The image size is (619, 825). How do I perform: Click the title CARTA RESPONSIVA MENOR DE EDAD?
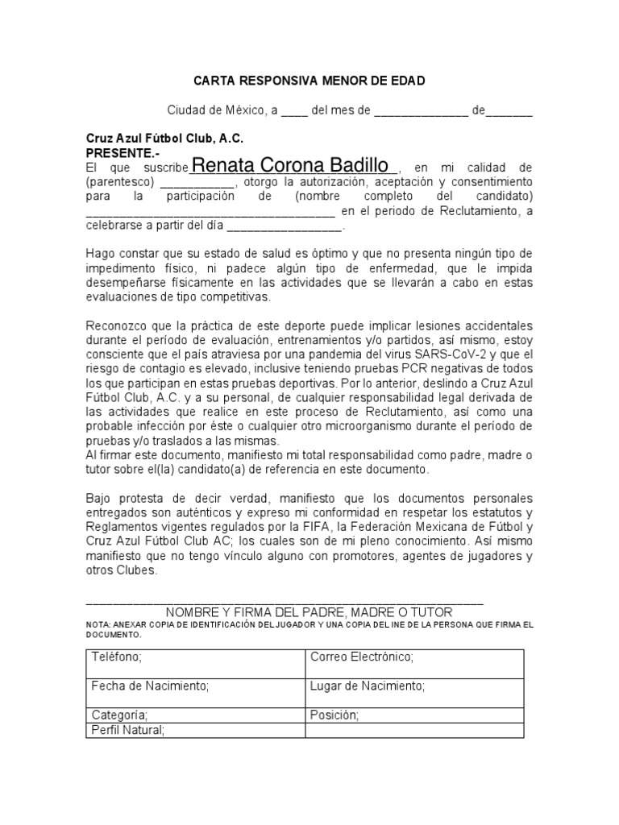click(309, 81)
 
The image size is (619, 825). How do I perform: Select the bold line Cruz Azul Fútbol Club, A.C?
click(164, 138)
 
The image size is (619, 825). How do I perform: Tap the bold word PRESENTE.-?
click(123, 151)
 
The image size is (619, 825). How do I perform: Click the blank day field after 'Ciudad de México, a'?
click(294, 112)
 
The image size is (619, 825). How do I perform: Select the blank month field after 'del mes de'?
click(422, 112)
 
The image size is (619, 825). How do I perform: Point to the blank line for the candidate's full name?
click(210, 212)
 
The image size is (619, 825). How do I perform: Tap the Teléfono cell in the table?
click(193, 664)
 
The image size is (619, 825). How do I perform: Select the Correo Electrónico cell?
click(414, 664)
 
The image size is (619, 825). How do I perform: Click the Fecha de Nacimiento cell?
click(193, 692)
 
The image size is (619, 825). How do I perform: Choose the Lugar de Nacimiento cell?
click(414, 692)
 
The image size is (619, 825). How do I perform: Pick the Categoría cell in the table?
click(193, 715)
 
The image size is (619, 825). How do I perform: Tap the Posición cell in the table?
click(414, 715)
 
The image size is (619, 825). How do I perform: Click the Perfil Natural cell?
click(193, 731)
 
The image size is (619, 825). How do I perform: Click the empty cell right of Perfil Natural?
click(414, 731)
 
